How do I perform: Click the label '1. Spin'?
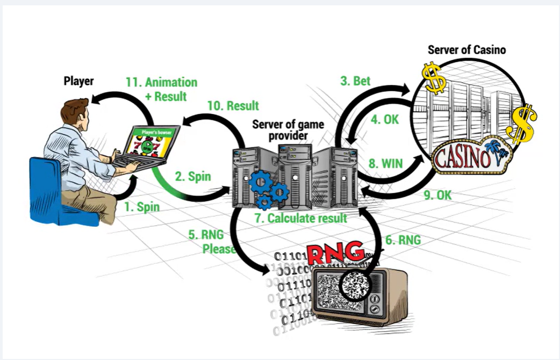pyautogui.click(x=142, y=207)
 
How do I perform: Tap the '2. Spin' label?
pyautogui.click(x=193, y=176)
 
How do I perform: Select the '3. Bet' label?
pyautogui.click(x=355, y=81)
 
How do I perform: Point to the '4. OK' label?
pyautogui.click(x=385, y=119)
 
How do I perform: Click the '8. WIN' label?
pyautogui.click(x=386, y=163)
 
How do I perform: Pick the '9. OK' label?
pyautogui.click(x=438, y=195)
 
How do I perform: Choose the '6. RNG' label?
pyautogui.click(x=403, y=240)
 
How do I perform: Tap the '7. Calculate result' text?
pyautogui.click(x=301, y=218)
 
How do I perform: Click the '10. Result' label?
pyautogui.click(x=233, y=106)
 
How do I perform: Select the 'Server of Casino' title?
pyautogui.click(x=467, y=49)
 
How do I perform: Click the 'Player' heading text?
pyautogui.click(x=78, y=81)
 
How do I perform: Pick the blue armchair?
pyautogui.click(x=57, y=193)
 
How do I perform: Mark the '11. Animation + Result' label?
pyautogui.click(x=161, y=89)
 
